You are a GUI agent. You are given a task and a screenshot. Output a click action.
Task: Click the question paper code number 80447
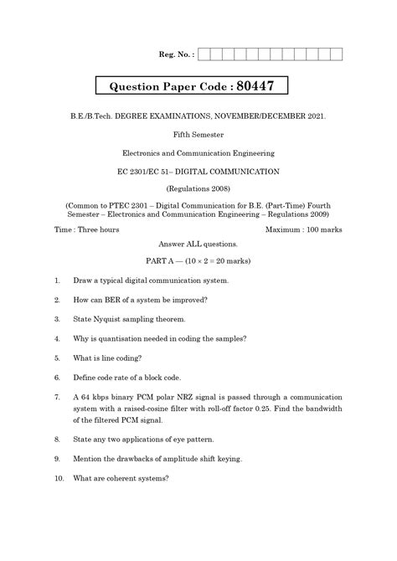coord(262,87)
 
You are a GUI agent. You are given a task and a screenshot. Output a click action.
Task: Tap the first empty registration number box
coord(204,54)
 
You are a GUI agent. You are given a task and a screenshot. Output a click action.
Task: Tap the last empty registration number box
coord(337,54)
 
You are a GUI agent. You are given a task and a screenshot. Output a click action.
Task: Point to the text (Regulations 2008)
coord(198,189)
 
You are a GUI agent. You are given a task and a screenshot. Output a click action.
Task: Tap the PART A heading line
coord(198,260)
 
